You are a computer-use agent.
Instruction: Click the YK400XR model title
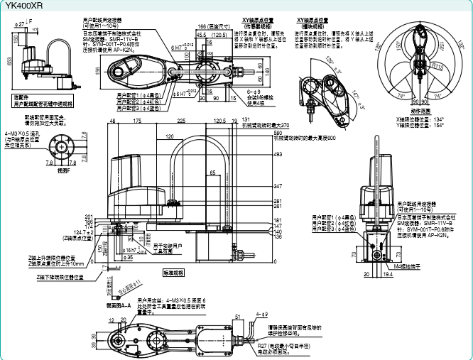click(22, 5)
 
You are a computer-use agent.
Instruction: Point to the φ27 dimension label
click(22, 23)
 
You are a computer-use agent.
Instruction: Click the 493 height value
click(278, 153)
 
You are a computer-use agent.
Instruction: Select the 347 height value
click(278, 185)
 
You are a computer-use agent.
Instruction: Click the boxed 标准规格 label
click(174, 272)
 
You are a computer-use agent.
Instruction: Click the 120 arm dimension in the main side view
click(170, 136)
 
